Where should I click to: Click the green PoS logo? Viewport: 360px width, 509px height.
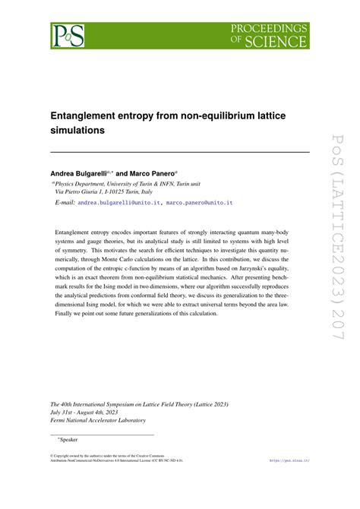click(x=67, y=35)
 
